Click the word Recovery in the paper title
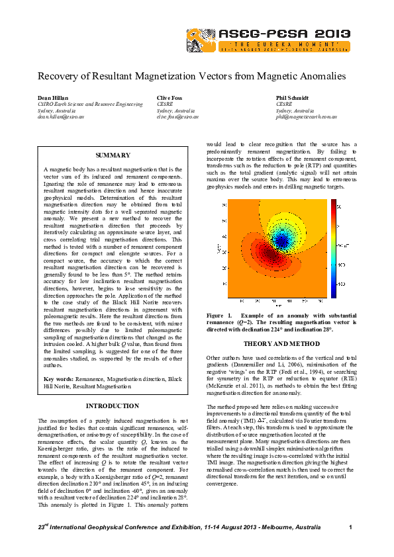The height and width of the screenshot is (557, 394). point(58,77)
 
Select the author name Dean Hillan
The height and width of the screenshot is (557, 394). point(52,97)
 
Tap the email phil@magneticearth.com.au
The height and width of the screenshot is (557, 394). point(307,116)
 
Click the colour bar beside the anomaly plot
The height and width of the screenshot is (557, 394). point(334,249)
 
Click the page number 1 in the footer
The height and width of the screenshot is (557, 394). point(350,527)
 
